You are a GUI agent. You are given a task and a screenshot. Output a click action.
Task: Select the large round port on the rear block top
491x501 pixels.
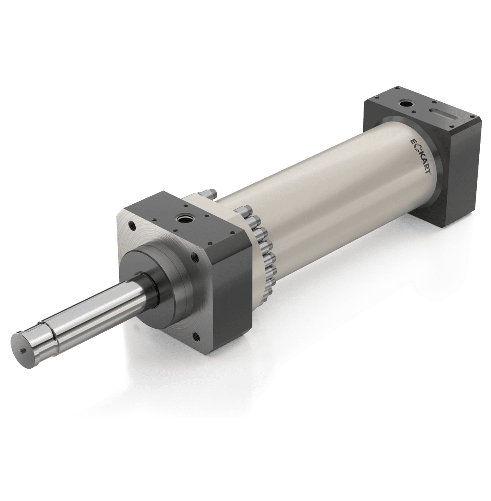tap(405, 102)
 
